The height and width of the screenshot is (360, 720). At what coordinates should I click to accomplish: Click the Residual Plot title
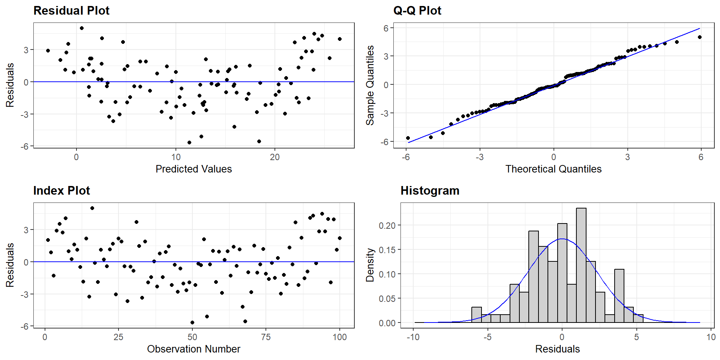71,10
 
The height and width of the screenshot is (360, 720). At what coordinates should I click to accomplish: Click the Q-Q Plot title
417,10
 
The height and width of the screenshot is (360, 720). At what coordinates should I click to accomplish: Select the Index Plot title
61,190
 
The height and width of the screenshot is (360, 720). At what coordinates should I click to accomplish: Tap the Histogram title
430,190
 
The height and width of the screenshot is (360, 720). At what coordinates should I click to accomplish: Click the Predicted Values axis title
193,169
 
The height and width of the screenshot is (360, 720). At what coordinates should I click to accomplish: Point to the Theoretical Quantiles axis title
553,169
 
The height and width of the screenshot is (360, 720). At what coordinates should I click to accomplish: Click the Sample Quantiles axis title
370,85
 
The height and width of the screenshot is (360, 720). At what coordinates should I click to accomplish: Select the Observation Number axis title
193,349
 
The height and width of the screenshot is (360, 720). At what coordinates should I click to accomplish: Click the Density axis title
370,265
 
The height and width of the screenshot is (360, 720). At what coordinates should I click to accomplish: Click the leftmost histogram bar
476,315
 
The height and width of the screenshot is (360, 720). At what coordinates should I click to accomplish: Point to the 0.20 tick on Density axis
387,225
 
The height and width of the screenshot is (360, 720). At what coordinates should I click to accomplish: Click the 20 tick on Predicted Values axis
275,157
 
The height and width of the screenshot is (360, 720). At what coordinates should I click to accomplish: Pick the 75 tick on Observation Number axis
266,337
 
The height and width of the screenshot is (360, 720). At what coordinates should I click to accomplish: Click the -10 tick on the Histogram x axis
413,337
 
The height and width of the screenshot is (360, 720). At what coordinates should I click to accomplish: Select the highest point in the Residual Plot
82,28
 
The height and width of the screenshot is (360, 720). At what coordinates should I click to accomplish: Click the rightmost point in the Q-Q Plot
699,37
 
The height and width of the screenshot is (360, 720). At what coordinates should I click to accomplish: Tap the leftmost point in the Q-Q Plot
408,138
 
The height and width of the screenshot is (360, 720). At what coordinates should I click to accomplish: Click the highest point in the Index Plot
92,208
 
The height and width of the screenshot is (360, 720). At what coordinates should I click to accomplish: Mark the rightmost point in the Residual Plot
340,39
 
